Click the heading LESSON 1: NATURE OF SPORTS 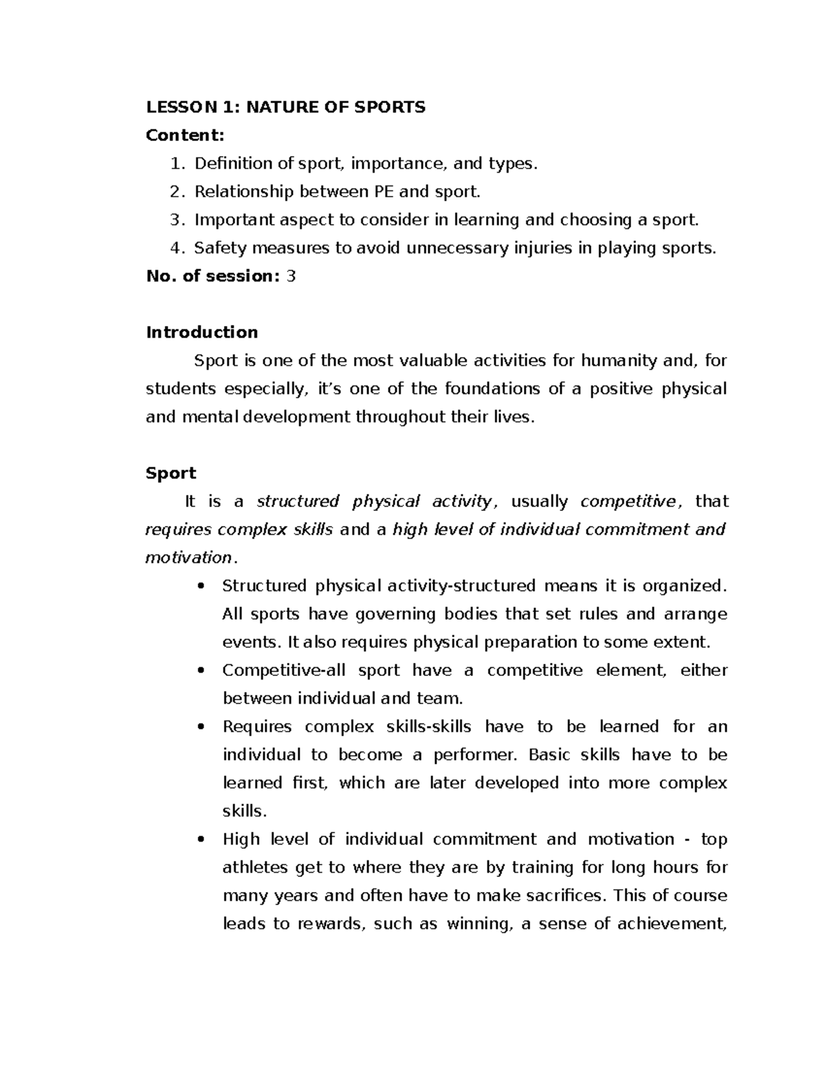pos(285,107)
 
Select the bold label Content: pos(185,135)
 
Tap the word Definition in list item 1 pos(234,164)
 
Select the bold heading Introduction pos(202,333)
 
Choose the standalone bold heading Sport pos(171,474)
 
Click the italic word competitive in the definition pos(628,502)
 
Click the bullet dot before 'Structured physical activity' pos(201,587)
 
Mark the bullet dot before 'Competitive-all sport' pos(201,671)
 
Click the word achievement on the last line pos(670,924)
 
